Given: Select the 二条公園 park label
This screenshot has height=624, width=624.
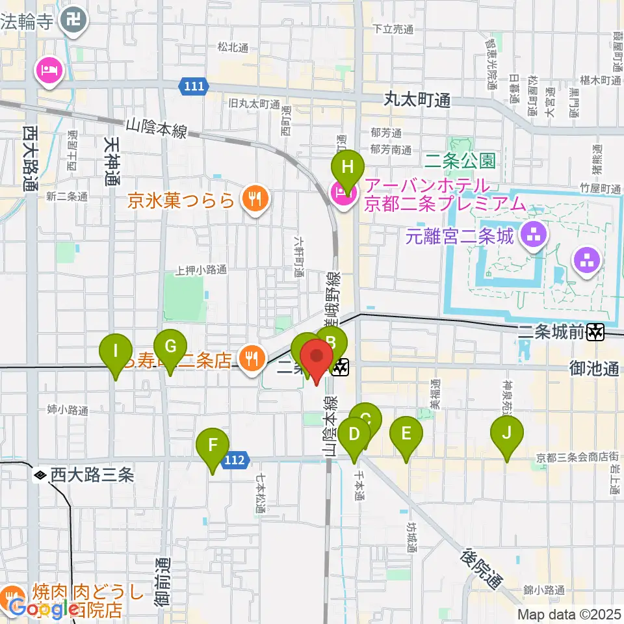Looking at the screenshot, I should [461, 159].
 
